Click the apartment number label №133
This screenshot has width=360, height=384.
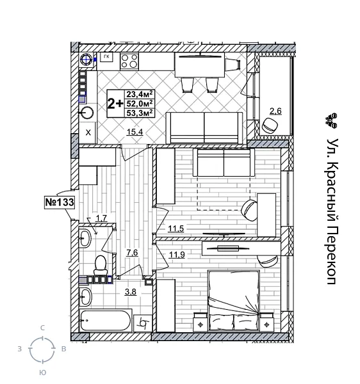[60, 202]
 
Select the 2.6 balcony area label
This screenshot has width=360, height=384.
[275, 111]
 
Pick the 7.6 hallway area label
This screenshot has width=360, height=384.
[132, 253]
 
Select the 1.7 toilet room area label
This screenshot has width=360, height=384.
[101, 218]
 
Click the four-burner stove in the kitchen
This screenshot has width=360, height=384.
[129, 61]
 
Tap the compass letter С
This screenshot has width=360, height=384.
[43, 328]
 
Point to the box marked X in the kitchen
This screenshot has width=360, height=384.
[88, 133]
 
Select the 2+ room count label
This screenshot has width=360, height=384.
[115, 103]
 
